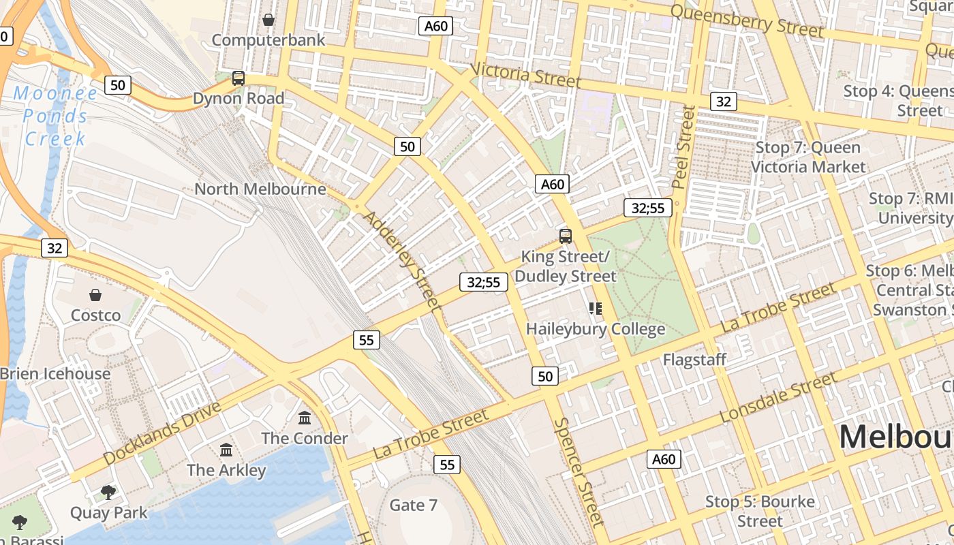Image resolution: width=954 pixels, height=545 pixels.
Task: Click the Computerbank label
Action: pos(268,40)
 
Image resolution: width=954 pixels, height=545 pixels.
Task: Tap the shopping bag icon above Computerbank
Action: pos(268,20)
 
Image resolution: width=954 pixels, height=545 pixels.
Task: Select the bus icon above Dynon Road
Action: pos(238,78)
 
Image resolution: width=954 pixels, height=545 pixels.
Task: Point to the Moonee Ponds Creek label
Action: pos(56,116)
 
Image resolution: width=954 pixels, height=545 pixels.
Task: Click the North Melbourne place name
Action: pos(260,189)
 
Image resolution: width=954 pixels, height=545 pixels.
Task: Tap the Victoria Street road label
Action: pos(525,75)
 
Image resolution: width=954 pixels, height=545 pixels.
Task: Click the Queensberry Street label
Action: pos(747,20)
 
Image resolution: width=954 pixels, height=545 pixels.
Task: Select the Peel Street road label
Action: pos(683,146)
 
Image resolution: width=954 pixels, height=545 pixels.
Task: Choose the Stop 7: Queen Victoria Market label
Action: pos(808,157)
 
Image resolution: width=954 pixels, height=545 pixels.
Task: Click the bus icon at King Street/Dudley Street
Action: pos(566,236)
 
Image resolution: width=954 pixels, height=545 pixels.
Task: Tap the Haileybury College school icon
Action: pos(596,309)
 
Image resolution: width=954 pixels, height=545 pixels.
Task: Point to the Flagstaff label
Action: pos(694,359)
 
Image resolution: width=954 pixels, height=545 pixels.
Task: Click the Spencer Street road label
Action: pos(579,472)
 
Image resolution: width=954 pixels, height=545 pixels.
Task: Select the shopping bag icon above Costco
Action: pos(95,295)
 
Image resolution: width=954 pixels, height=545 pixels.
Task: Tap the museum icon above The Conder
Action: pos(305,417)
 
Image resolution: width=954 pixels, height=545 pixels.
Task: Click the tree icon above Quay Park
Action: pos(108,492)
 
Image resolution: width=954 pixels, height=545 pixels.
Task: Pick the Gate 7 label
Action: pos(413,505)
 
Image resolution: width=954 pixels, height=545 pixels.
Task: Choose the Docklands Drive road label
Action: pos(163,433)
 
